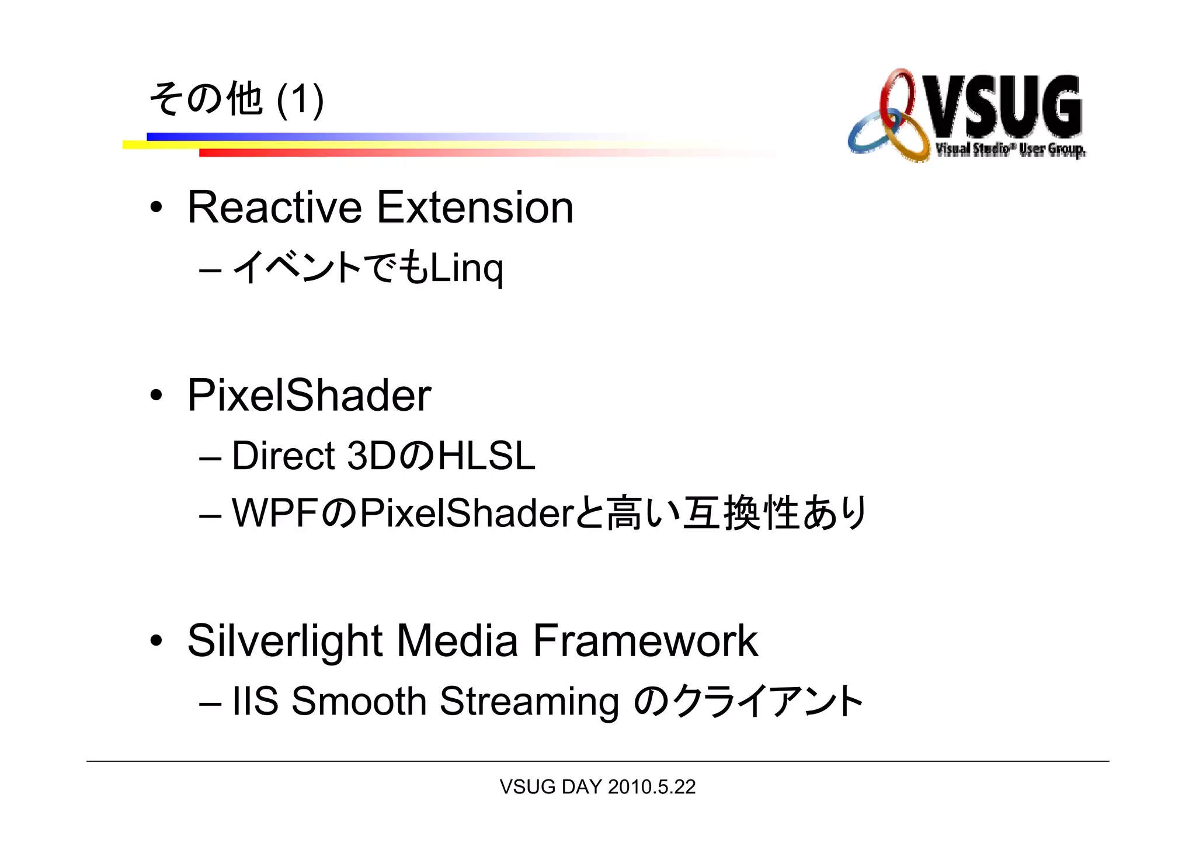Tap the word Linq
click(x=466, y=269)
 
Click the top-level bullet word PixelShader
click(x=309, y=396)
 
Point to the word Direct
click(x=283, y=456)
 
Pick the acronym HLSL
click(x=486, y=456)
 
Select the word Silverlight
click(x=285, y=642)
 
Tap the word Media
click(x=457, y=642)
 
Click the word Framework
click(x=645, y=642)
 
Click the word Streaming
click(x=529, y=701)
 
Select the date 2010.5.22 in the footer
click(x=652, y=787)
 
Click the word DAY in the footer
click(x=581, y=787)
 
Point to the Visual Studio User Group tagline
click(x=1010, y=150)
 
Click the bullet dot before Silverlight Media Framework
click(x=156, y=641)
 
